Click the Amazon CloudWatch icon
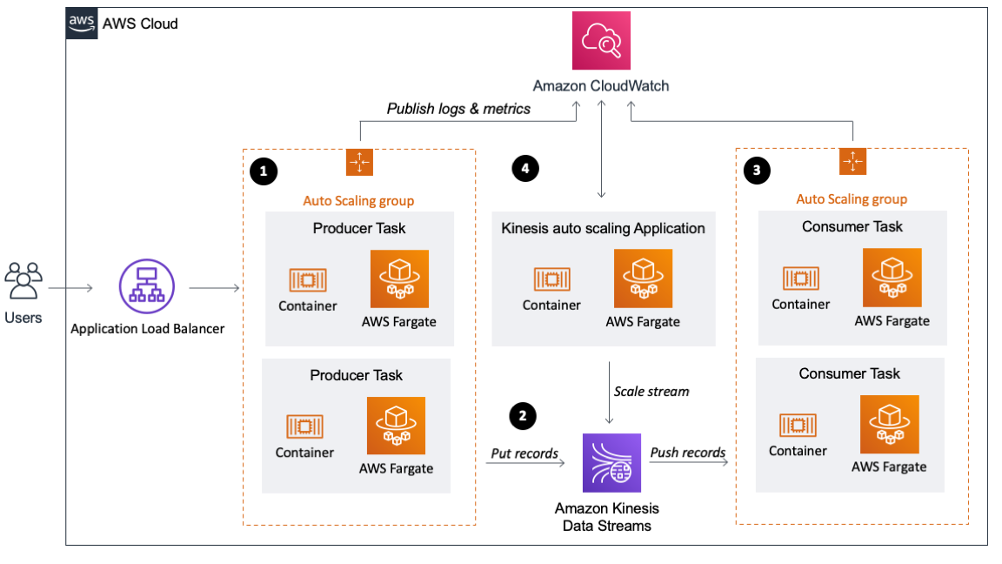click(601, 40)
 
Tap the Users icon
click(23, 281)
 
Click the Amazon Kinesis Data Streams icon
click(611, 463)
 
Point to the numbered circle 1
click(263, 171)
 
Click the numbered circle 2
click(522, 416)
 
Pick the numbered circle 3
click(756, 171)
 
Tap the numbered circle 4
click(524, 170)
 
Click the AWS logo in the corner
click(82, 23)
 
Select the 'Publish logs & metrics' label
click(458, 109)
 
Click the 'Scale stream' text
click(651, 391)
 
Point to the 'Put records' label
click(524, 453)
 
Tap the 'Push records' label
click(688, 453)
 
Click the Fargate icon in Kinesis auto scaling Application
click(643, 279)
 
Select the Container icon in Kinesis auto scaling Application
click(551, 279)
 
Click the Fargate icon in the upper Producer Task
click(399, 279)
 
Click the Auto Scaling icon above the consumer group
click(852, 162)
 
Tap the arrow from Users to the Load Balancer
click(70, 286)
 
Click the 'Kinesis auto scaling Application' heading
click(603, 229)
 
